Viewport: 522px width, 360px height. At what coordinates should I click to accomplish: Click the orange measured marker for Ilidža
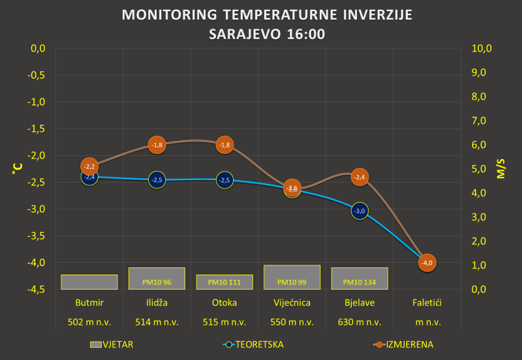point(157,145)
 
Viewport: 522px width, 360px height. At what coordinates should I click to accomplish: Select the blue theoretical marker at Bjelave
point(360,211)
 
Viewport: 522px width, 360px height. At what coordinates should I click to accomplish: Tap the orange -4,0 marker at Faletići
point(427,263)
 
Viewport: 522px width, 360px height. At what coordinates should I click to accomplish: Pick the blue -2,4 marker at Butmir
point(89,177)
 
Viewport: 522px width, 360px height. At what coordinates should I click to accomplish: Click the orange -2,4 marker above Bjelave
point(360,177)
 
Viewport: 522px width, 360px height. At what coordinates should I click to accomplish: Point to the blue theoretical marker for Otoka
point(224,179)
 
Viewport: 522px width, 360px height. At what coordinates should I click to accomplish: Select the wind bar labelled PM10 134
point(360,278)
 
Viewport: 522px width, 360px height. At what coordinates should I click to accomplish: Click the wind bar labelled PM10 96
point(157,278)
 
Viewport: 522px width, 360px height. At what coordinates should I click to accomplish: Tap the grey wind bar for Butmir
point(89,282)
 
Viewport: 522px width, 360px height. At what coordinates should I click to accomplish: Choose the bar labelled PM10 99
point(292,277)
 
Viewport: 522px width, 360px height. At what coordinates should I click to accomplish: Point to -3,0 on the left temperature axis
point(35,209)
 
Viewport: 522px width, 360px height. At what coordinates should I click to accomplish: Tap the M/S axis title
point(501,168)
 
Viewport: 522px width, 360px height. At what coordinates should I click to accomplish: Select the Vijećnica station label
point(292,303)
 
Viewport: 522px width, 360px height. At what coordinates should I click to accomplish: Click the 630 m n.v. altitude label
point(360,322)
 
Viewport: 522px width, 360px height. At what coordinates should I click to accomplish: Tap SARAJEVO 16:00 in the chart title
point(266,34)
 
